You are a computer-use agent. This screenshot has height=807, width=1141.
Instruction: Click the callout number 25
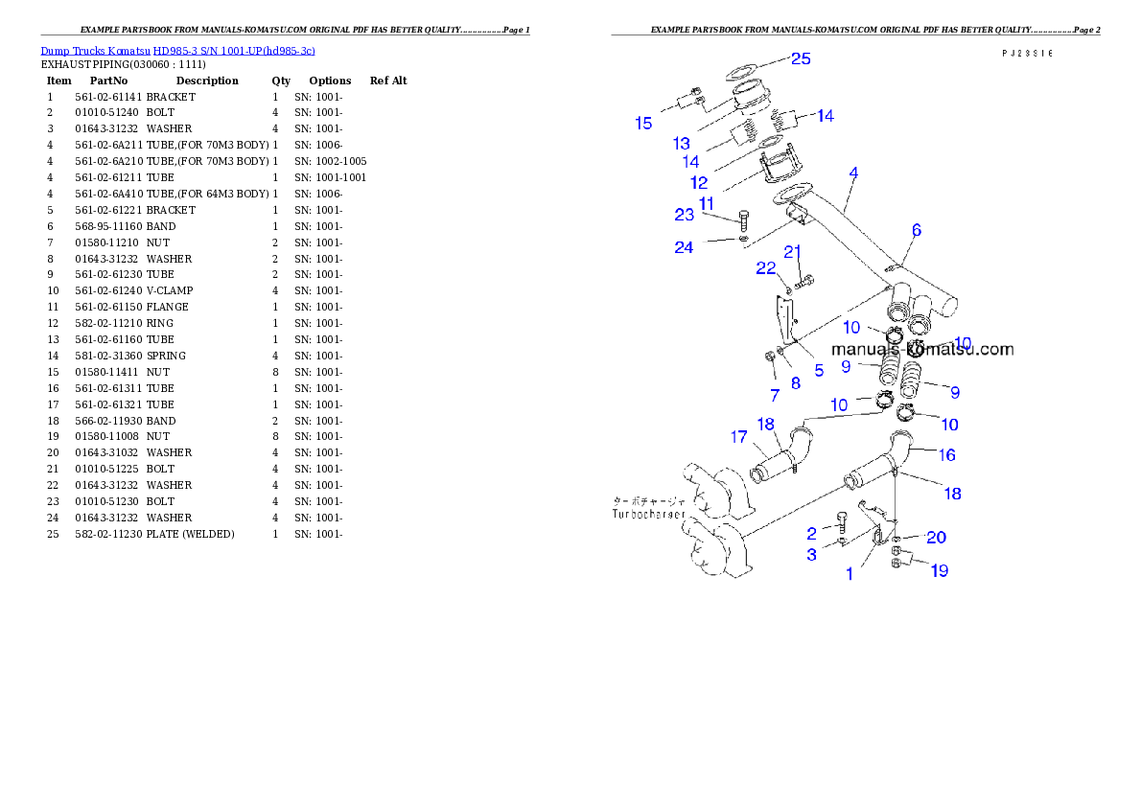click(801, 58)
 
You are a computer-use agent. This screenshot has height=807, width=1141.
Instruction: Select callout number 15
click(643, 123)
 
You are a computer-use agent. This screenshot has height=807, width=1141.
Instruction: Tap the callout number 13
click(682, 144)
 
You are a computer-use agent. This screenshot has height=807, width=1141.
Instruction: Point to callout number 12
click(699, 182)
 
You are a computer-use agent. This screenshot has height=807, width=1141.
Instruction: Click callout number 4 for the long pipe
click(853, 173)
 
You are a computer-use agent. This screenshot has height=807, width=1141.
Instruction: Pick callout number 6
click(917, 230)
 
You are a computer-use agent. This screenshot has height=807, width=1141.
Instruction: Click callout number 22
click(765, 268)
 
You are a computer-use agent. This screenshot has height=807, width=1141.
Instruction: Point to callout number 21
click(793, 252)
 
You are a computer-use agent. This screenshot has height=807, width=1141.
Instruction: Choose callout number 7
click(774, 395)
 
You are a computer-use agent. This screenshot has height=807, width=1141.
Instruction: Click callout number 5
click(819, 371)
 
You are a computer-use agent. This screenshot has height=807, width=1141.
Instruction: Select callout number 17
click(738, 437)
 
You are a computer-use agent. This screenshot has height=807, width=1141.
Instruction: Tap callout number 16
click(947, 454)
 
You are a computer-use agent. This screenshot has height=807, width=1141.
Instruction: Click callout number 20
click(936, 538)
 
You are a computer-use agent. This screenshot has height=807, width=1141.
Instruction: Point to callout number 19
click(939, 570)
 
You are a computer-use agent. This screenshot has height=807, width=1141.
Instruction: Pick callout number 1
click(849, 574)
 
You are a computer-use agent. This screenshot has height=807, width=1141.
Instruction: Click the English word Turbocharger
click(649, 515)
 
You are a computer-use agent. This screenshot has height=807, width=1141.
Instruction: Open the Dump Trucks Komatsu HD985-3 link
click(177, 50)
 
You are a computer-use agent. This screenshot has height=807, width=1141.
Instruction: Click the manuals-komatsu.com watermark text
click(922, 349)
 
